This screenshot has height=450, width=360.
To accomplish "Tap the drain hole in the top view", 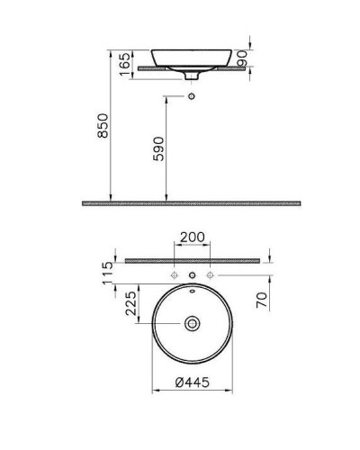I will [x=190, y=322].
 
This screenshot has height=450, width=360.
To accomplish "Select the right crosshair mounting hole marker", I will [x=210, y=273].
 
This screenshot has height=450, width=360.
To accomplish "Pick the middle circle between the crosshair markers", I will [x=190, y=273].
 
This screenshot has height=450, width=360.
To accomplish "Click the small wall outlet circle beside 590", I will [x=190, y=94].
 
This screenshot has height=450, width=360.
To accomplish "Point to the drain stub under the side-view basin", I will [x=190, y=75].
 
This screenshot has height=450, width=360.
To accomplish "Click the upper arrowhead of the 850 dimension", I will [x=111, y=68].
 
